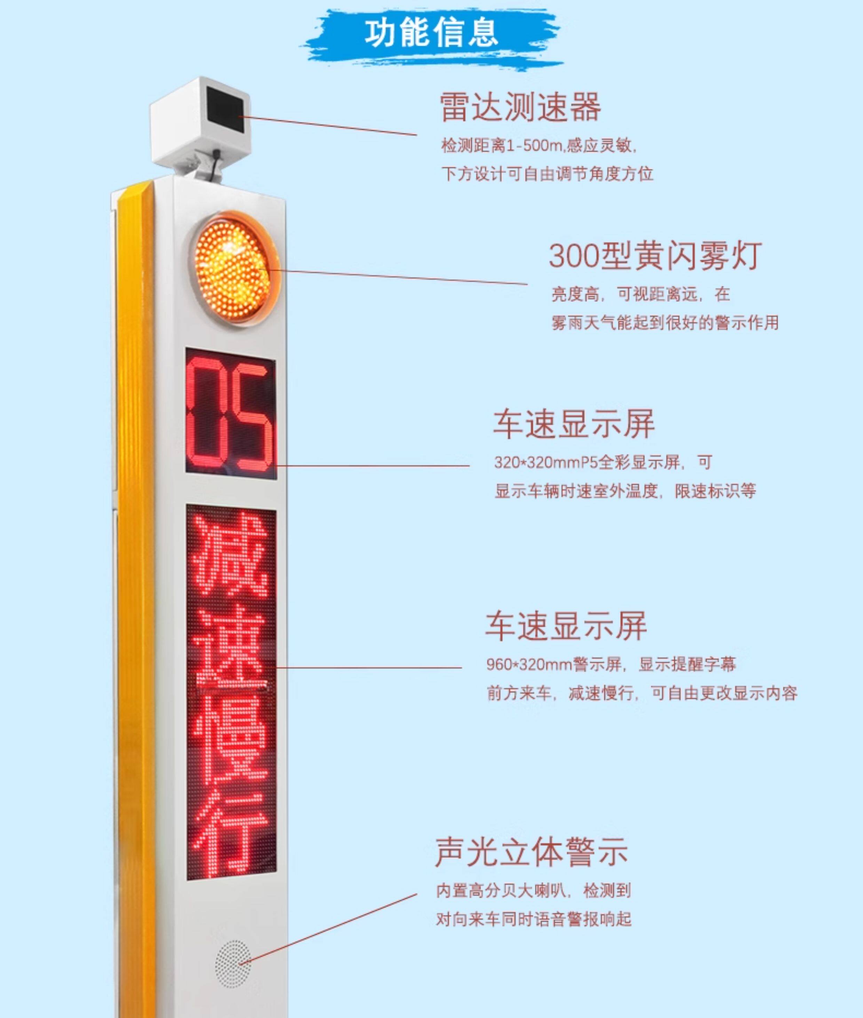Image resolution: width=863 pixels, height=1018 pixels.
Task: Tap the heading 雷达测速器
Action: point(520,107)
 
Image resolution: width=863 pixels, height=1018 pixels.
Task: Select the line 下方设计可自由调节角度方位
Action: point(547,174)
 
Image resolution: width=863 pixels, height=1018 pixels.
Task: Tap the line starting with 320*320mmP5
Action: point(603,462)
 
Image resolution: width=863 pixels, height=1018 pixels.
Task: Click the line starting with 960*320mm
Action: point(611,664)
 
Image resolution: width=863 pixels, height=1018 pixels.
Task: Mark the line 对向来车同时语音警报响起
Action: point(533,919)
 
